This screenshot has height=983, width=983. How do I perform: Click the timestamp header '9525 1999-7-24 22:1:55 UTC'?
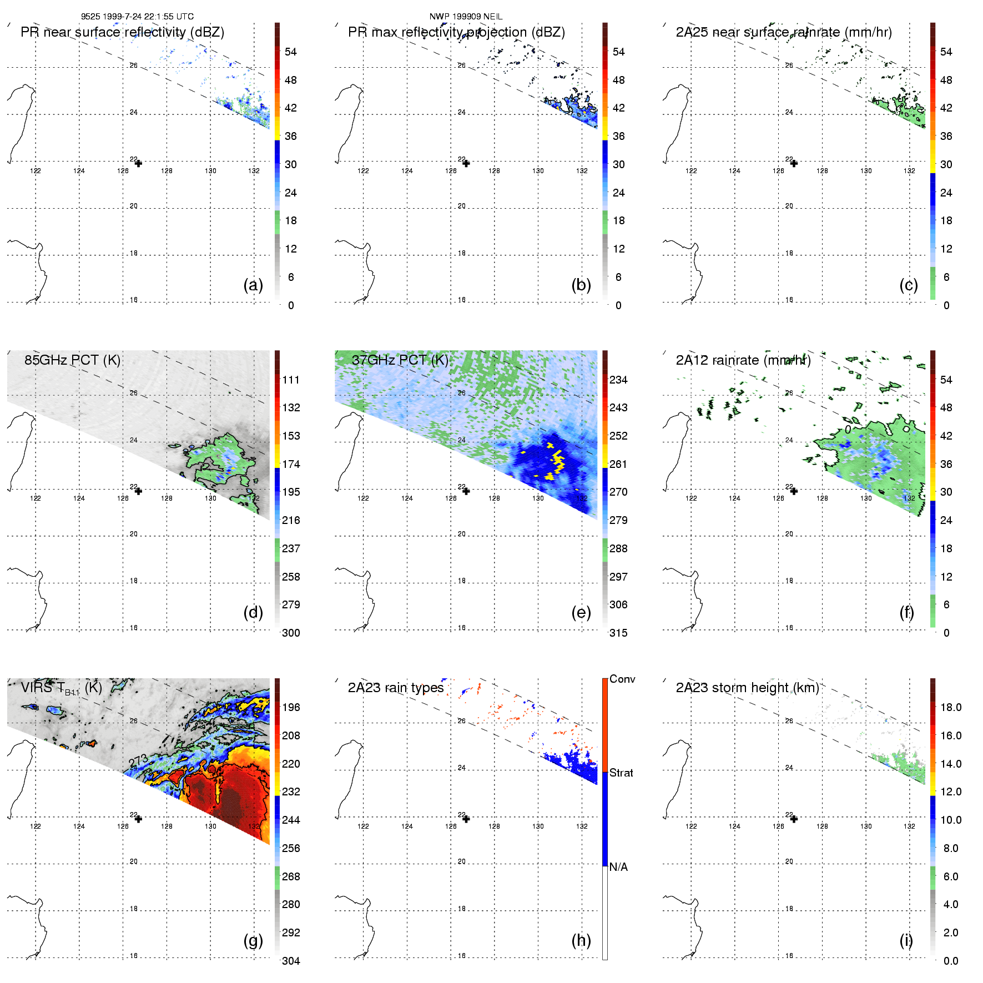(137, 17)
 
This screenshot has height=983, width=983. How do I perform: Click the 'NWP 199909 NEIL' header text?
(466, 17)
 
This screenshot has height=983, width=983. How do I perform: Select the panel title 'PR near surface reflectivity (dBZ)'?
(122, 32)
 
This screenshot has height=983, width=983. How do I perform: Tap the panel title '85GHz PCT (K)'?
(72, 360)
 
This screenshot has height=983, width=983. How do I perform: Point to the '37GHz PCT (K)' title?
(400, 360)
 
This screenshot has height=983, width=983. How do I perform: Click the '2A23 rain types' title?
(396, 688)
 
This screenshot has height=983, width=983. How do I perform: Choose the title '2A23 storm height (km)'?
(747, 688)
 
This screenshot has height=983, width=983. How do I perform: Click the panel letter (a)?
(253, 285)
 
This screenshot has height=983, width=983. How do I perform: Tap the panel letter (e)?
(581, 612)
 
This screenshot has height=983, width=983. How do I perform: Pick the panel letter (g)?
(253, 940)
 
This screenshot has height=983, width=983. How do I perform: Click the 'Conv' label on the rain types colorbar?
(622, 679)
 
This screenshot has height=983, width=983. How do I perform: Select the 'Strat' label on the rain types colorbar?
(621, 773)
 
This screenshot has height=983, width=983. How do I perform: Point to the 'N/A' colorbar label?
(618, 867)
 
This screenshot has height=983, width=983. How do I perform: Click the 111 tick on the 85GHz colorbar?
(291, 380)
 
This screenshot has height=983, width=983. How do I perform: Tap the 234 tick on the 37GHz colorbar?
(618, 380)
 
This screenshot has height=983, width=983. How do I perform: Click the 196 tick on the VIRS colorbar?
(291, 707)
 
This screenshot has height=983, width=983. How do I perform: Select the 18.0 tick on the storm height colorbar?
(951, 707)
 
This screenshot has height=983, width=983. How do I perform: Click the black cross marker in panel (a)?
(138, 163)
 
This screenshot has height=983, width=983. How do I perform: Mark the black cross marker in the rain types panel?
(466, 819)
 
